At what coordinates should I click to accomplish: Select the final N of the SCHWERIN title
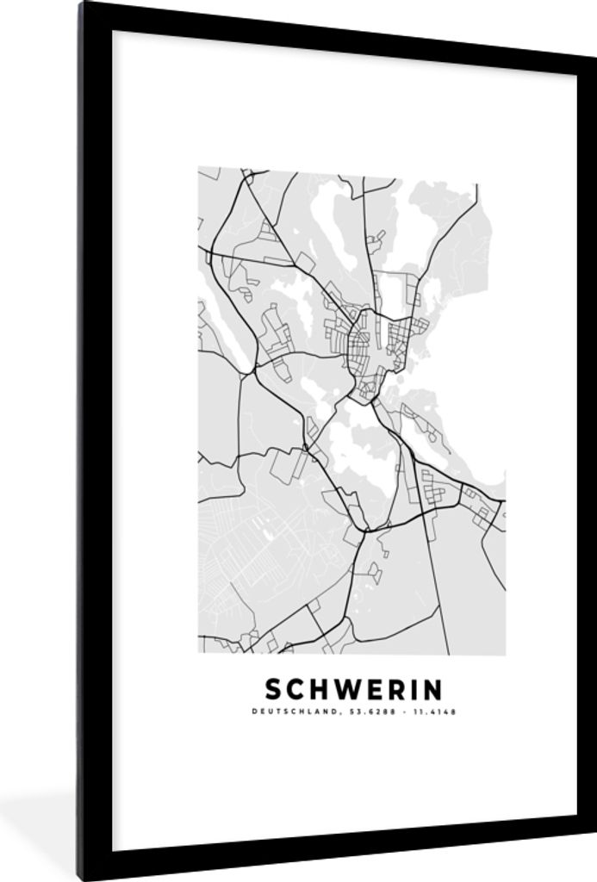click(432, 690)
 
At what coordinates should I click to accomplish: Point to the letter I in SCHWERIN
click(408, 690)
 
